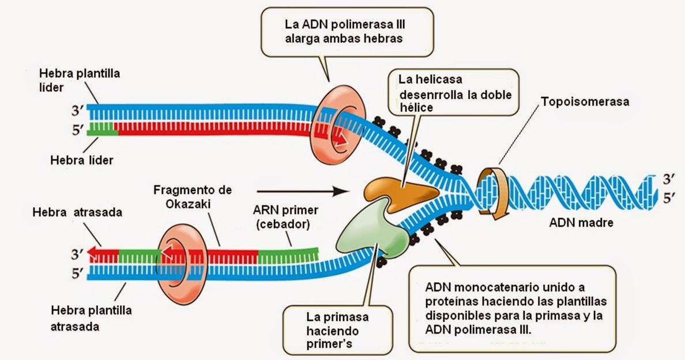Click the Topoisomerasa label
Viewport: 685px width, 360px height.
(585, 102)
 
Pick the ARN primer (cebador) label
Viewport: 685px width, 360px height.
(281, 217)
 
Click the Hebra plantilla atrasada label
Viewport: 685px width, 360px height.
(91, 318)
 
